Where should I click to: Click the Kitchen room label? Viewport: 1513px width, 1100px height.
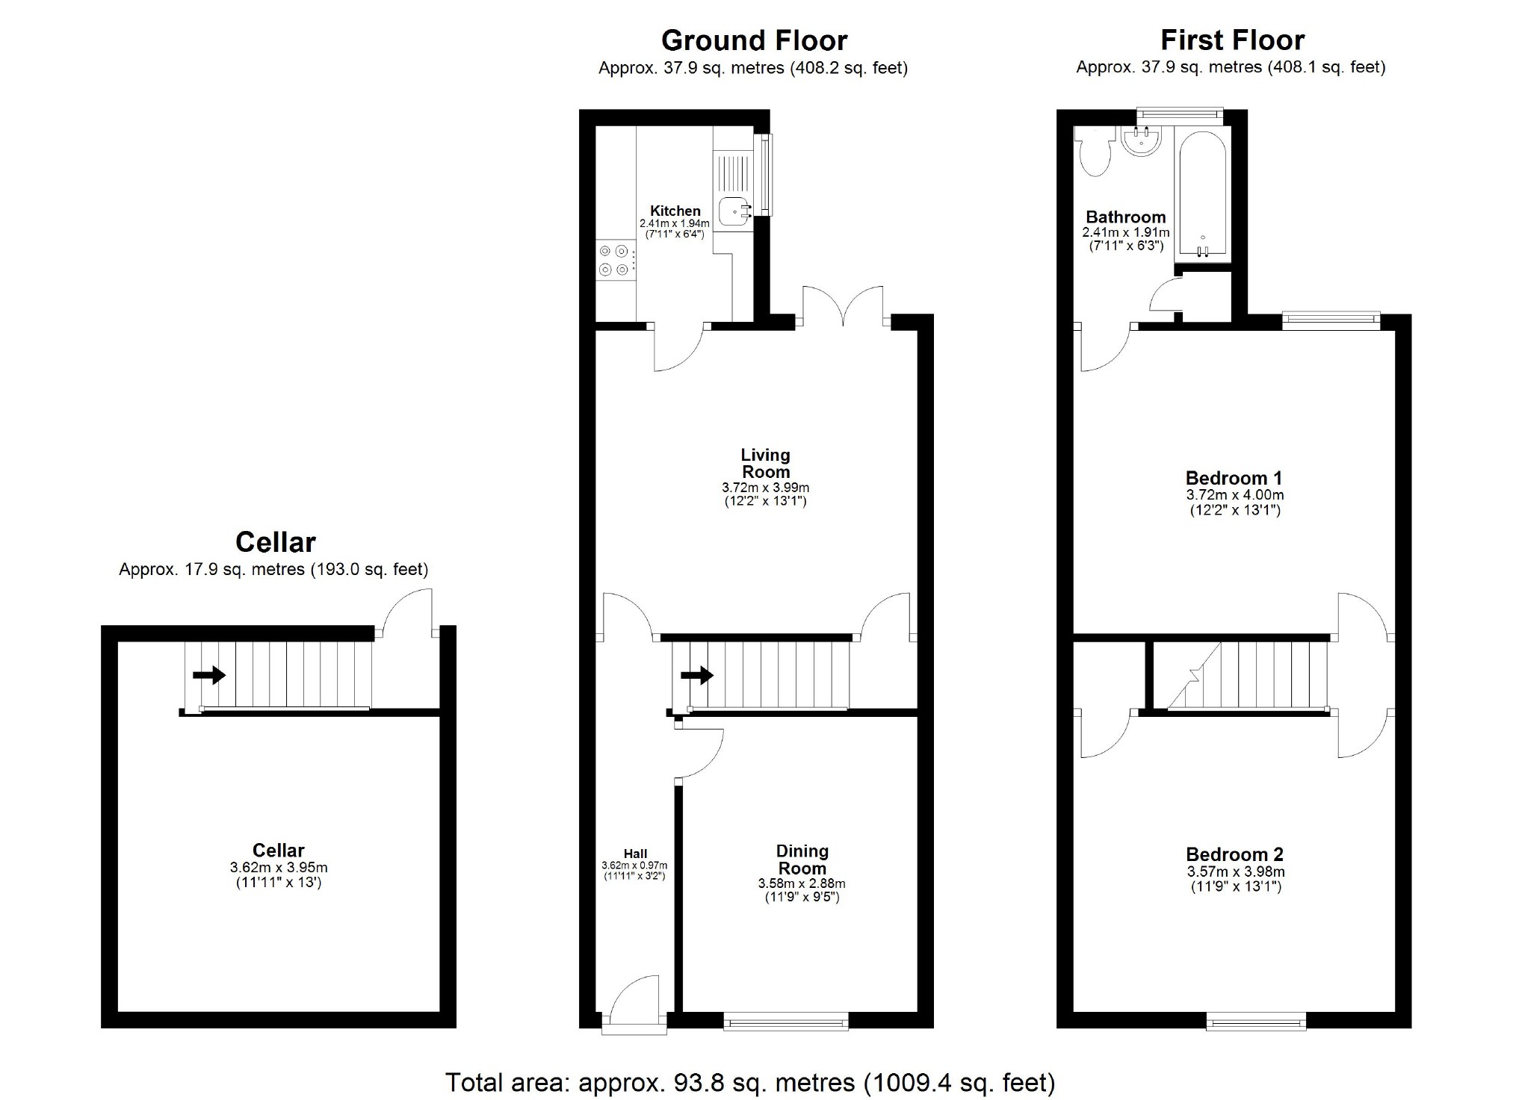(675, 211)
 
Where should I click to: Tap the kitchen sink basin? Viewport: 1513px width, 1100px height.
(734, 212)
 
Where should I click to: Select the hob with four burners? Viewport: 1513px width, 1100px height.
(614, 260)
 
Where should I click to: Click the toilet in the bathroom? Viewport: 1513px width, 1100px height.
(1095, 152)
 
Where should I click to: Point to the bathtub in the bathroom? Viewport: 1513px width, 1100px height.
(1202, 196)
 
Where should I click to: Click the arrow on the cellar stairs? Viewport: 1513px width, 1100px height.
(209, 675)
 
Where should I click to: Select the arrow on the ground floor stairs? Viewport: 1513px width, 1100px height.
(696, 676)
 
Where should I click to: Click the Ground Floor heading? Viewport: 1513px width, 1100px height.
(754, 40)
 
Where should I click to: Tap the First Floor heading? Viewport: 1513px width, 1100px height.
(1232, 40)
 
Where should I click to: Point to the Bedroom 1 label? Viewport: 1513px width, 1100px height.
(1234, 478)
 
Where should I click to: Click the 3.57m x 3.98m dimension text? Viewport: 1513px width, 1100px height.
(1236, 871)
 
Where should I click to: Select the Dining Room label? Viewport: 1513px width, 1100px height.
(802, 860)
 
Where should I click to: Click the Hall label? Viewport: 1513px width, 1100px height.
(635, 854)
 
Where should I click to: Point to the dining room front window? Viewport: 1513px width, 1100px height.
(786, 1021)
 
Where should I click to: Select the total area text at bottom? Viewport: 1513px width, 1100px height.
(750, 1082)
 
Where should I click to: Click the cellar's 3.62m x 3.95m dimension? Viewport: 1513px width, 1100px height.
(279, 868)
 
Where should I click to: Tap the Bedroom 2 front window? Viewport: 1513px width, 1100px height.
(1257, 1021)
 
